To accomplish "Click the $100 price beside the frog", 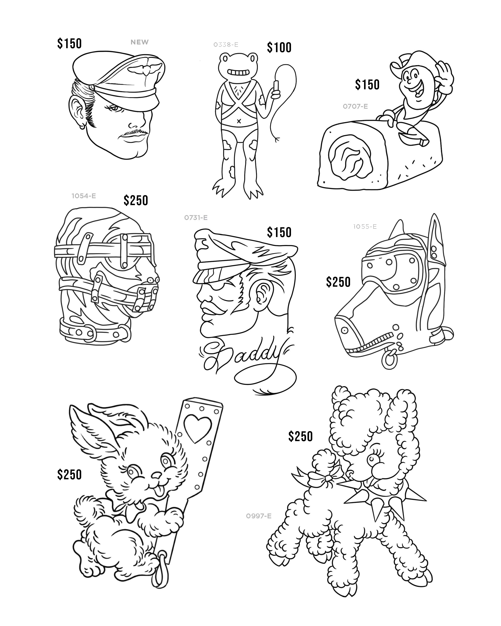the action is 279,48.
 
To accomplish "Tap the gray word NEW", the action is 139,42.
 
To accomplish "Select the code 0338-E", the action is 226,45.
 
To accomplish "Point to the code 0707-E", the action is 355,107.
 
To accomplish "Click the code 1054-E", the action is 84,196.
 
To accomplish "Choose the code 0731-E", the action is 196,218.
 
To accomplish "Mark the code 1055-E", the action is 365,227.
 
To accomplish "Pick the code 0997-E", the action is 258,516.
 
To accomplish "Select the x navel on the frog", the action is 239,121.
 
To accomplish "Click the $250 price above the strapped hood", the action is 136,201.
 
